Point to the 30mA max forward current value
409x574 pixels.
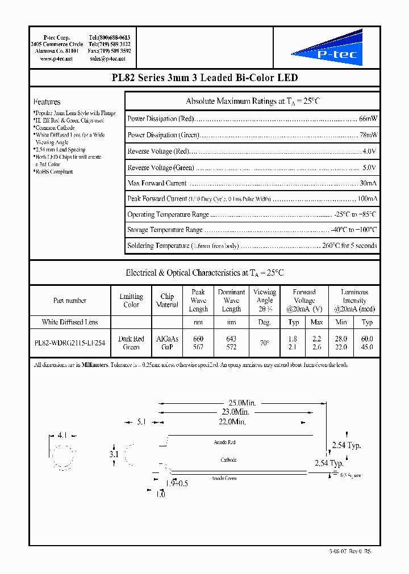pyautogui.click(x=368, y=183)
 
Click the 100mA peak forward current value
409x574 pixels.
pyautogui.click(x=366, y=199)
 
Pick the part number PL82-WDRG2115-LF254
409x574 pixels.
pyautogui.click(x=69, y=343)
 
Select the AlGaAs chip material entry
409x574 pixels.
pyautogui.click(x=167, y=339)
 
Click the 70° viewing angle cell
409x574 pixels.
pyautogui.click(x=264, y=343)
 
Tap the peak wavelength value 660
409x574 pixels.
pyautogui.click(x=198, y=339)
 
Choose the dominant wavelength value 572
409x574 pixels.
pyautogui.click(x=231, y=347)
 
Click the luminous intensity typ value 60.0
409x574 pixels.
pyautogui.click(x=367, y=339)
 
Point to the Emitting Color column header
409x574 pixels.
pyautogui.click(x=131, y=301)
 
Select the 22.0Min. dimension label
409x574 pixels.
pyautogui.click(x=232, y=423)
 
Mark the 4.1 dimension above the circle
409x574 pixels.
pyautogui.click(x=62, y=436)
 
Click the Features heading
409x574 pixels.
pyautogui.click(x=47, y=102)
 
